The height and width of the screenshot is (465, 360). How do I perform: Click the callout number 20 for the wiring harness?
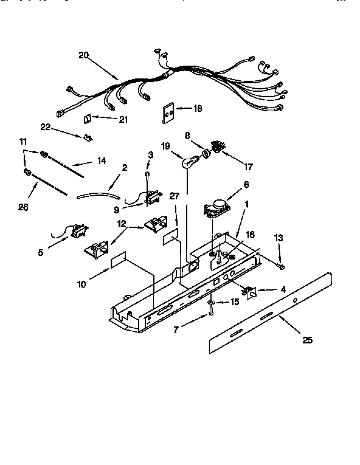point(84,55)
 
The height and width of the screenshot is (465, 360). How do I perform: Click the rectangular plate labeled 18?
point(167,113)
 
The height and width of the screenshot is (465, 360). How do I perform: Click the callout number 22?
point(44,126)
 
